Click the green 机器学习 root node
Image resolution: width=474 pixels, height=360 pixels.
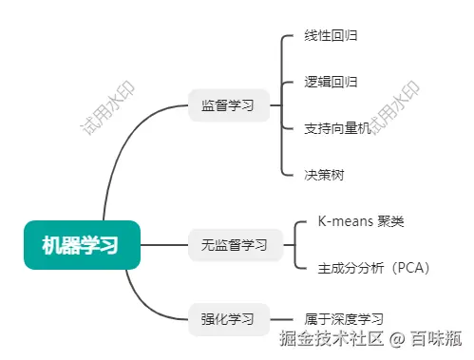[x=82, y=244]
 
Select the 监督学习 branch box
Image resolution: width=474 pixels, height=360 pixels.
[x=228, y=104]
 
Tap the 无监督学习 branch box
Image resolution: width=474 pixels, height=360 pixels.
[x=235, y=244]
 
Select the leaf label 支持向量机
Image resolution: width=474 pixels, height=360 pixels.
[x=337, y=127]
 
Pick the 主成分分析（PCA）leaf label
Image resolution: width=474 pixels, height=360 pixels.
[x=374, y=268]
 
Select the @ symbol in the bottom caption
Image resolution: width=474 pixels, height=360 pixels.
[x=397, y=338]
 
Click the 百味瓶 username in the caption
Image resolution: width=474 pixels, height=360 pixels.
[x=436, y=338]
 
